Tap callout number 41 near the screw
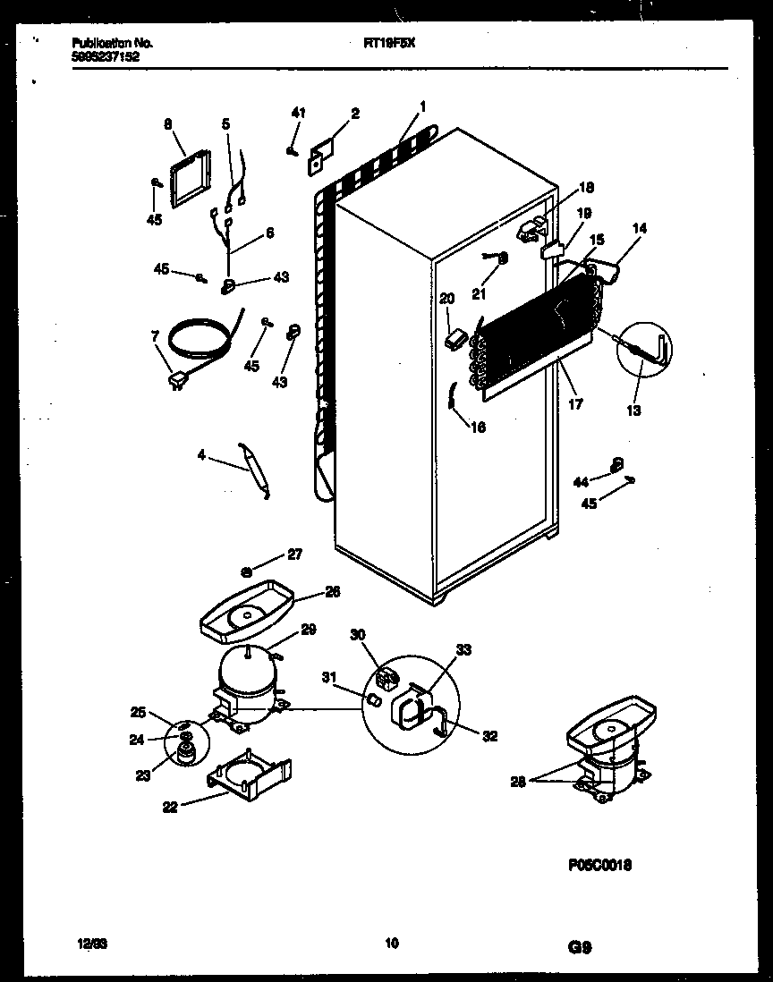tap(298, 113)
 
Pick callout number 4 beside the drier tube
tap(202, 455)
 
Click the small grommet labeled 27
tap(245, 569)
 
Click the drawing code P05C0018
tap(606, 865)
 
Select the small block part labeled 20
tap(457, 339)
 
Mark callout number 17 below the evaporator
tap(575, 404)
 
